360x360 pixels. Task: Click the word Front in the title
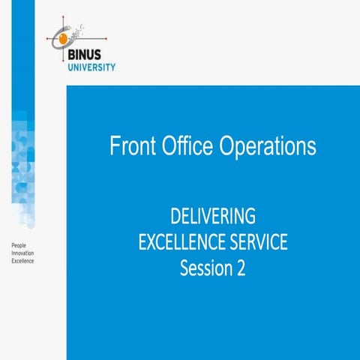[131, 146]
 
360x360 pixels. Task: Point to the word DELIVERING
[213, 217]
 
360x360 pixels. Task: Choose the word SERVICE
[256, 242]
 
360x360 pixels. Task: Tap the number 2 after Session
[241, 268]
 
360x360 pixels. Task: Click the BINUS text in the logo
[94, 55]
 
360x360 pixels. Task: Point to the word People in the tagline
[16, 245]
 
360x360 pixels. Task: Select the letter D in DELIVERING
[175, 217]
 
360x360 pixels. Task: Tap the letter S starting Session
[184, 268]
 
